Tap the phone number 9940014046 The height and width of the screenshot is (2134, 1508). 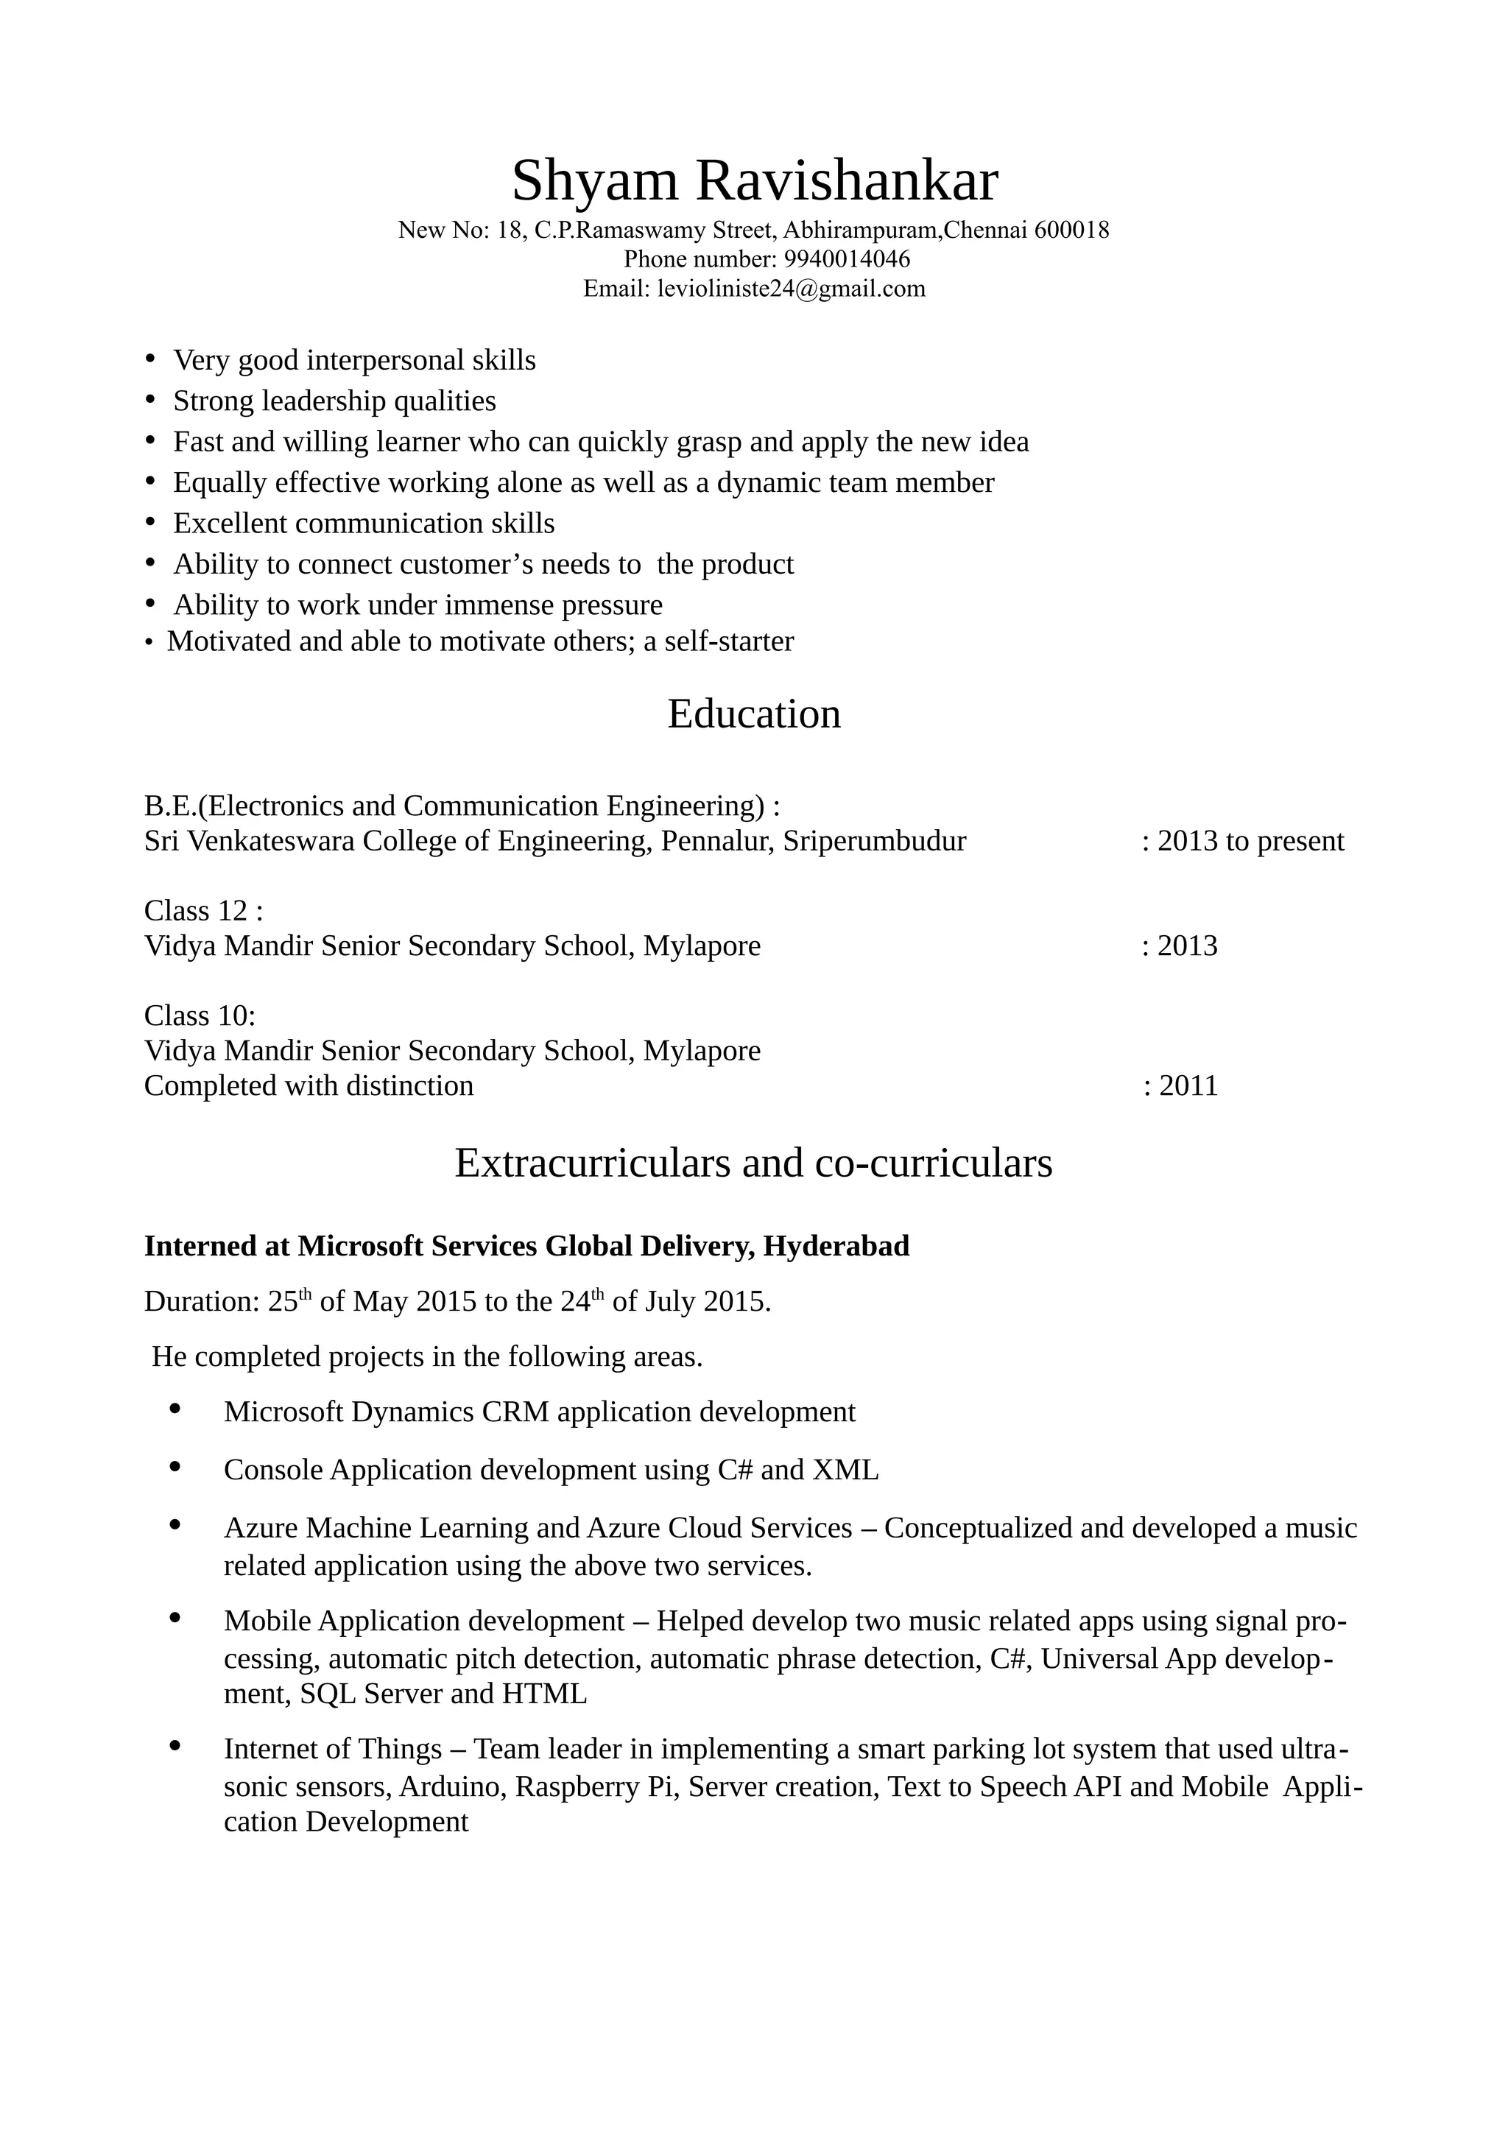pos(847,258)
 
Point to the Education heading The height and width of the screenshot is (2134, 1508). pos(753,714)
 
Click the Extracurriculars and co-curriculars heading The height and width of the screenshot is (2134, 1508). pos(753,1163)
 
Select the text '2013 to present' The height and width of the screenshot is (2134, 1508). pos(1250,841)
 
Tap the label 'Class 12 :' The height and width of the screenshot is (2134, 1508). pos(203,910)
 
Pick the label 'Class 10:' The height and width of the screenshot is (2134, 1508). pos(200,1015)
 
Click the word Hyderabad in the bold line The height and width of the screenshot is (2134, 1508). pos(835,1245)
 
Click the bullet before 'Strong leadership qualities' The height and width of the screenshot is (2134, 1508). pos(150,400)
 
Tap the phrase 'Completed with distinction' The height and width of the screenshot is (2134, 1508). pos(309,1085)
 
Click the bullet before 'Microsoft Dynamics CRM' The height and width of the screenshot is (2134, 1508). pos(175,1409)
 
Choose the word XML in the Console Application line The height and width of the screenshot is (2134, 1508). pos(845,1470)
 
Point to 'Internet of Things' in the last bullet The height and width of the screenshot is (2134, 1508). pos(333,1749)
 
